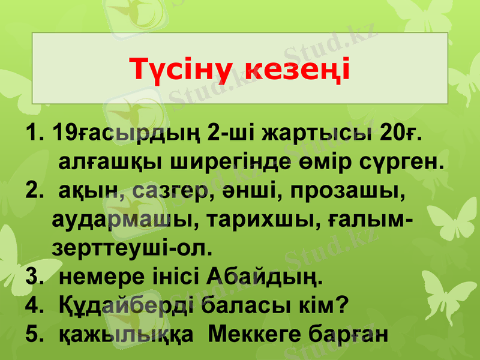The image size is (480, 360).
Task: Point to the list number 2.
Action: point(34,193)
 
